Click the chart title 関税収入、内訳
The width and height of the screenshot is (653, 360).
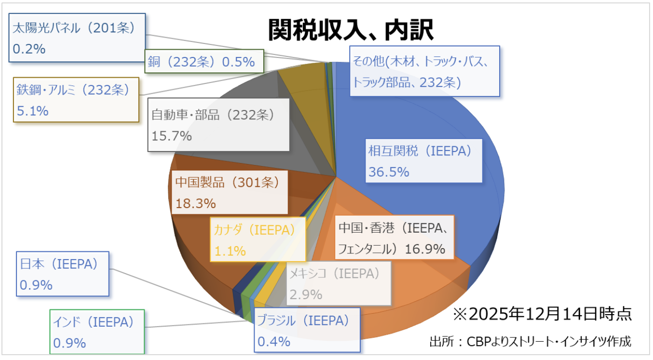351,31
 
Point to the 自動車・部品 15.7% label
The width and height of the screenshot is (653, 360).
218,125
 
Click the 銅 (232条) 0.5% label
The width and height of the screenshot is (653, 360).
204,62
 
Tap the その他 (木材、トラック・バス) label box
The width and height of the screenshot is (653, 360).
424,71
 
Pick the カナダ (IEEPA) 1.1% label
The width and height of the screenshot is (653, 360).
258,239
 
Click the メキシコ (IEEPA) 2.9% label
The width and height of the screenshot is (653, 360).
338,283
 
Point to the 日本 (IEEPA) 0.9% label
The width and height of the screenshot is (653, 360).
63,274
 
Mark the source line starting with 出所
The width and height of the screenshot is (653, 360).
530,342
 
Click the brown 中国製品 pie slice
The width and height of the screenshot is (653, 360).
203,241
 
